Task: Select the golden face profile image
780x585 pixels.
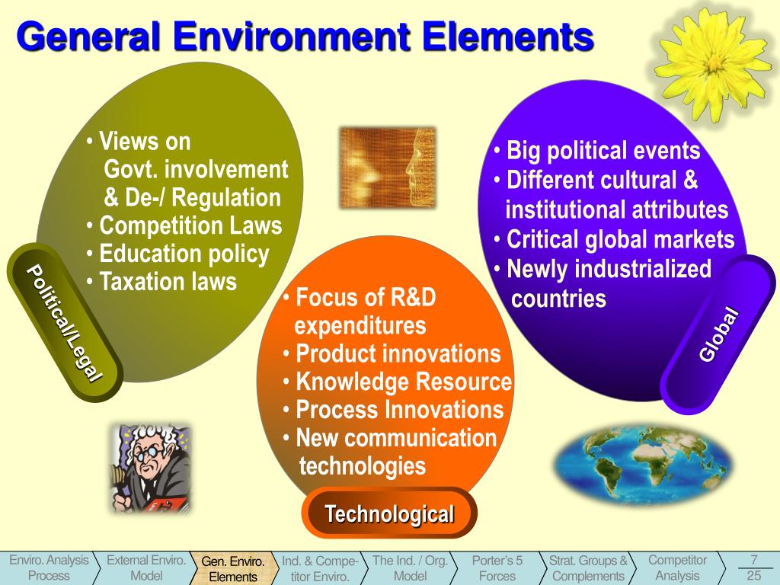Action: pos(387,167)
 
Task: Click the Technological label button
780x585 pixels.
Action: pos(389,514)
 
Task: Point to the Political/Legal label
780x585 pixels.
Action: pos(64,321)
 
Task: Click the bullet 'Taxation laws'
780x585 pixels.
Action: pos(168,282)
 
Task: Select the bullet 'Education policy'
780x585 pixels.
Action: pos(184,254)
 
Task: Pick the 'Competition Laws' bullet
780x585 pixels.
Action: pos(190,226)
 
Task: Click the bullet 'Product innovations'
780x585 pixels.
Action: pos(398,354)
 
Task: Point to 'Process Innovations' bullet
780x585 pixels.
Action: pos(399,410)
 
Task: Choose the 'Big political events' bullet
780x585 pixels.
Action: pos(603,151)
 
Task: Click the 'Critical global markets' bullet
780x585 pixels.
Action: pos(620,240)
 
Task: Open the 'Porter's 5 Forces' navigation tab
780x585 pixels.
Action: pos(497,568)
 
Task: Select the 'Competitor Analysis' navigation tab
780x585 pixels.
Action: pos(677,568)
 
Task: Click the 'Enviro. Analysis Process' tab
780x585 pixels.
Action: pos(49,568)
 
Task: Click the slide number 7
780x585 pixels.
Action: pos(753,560)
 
